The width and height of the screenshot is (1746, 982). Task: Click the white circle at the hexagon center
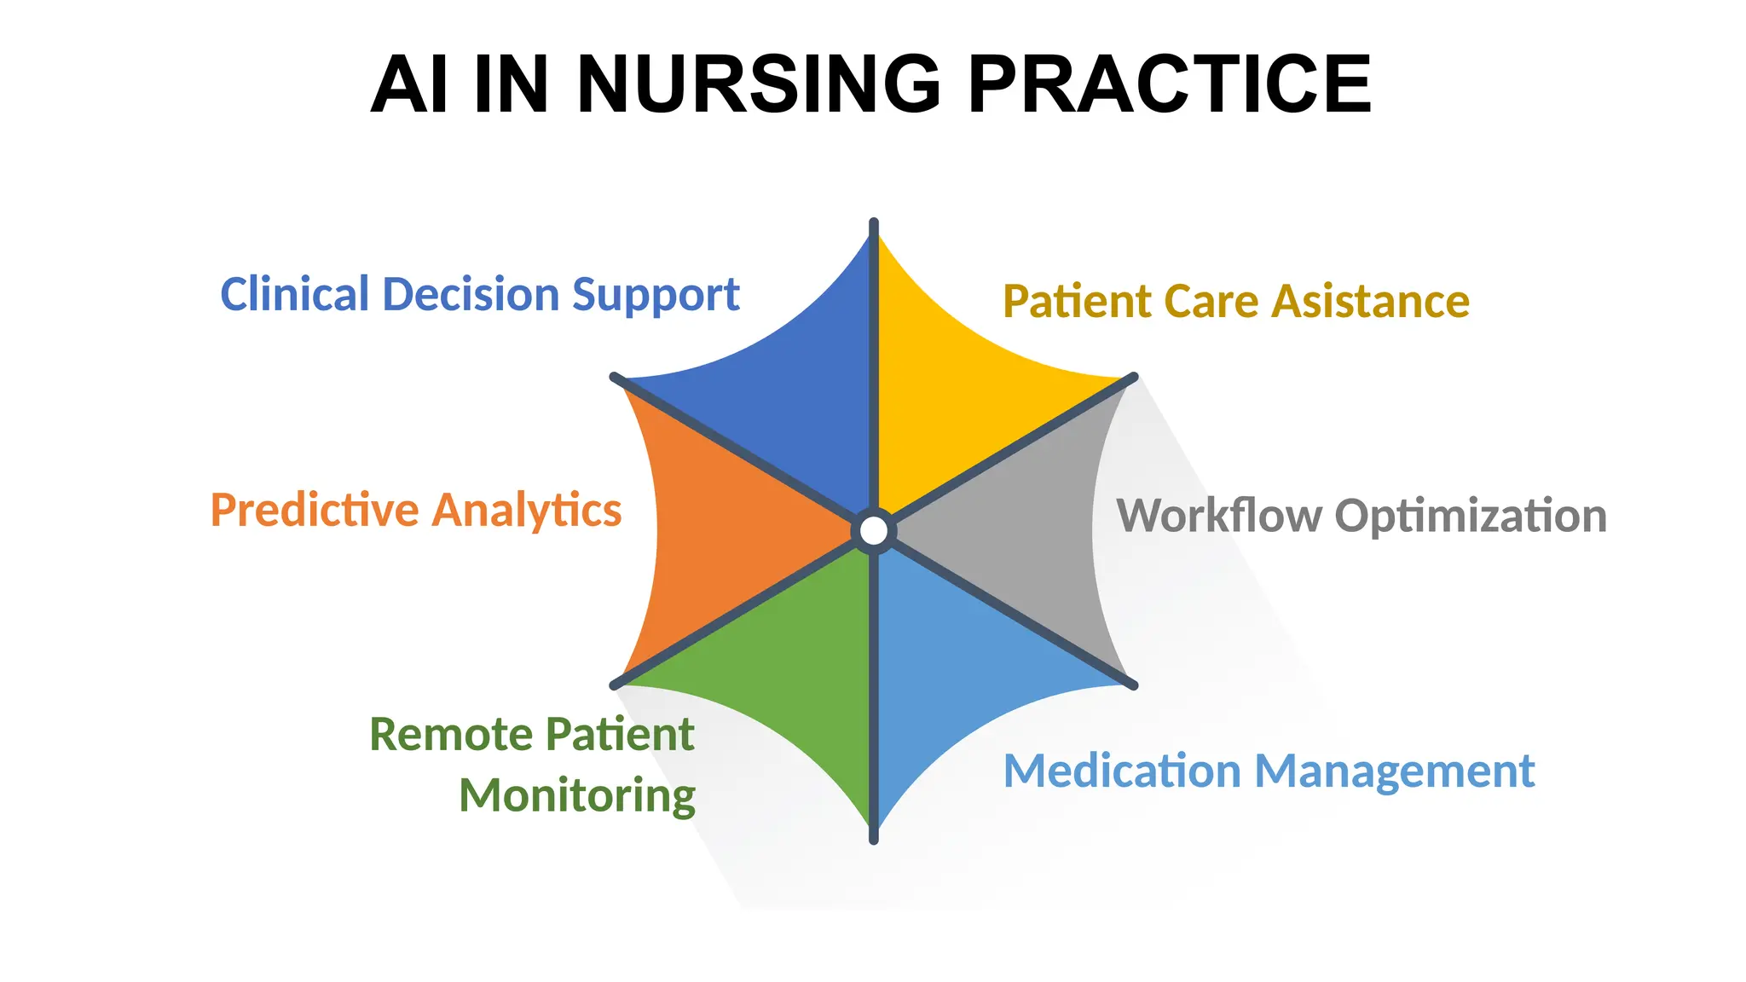(874, 531)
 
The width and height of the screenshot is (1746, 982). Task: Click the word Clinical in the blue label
(294, 295)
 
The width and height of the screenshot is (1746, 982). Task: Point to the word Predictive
(315, 511)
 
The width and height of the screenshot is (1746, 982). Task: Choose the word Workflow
(1218, 516)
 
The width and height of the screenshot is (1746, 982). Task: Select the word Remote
(449, 735)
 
